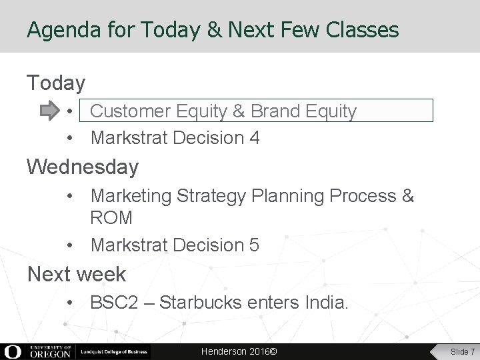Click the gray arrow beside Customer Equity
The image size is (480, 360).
point(50,111)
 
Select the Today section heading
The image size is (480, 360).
point(56,83)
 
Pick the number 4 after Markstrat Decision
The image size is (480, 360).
point(255,138)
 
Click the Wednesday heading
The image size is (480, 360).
point(83,167)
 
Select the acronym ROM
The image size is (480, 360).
point(111,217)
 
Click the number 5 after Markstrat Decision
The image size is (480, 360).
point(254,245)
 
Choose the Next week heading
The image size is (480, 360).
point(76,273)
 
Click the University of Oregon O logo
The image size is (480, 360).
point(13,351)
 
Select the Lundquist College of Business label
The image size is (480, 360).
point(114,351)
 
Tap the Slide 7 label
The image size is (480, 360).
point(462,351)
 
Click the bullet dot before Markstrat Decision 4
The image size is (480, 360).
point(70,138)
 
